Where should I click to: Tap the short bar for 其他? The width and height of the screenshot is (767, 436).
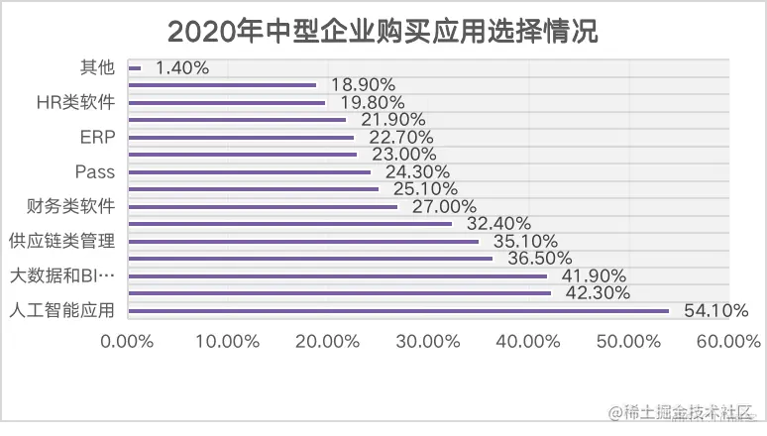[135, 68]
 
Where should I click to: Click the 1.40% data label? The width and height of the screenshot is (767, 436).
[182, 68]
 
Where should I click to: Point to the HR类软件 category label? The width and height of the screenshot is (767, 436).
[74, 102]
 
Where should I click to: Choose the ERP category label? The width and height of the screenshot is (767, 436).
[96, 137]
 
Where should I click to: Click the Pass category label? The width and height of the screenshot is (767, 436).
[95, 171]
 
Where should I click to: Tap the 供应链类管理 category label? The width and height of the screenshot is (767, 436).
[61, 241]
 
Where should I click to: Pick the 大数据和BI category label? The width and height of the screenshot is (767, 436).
[61, 275]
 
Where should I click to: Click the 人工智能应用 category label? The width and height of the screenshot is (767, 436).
[61, 310]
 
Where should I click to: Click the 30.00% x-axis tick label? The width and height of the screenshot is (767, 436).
[427, 342]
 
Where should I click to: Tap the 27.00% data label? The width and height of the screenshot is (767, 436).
[437, 206]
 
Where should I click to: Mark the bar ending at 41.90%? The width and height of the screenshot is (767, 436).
[337, 276]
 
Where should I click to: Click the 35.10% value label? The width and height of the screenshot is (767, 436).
[517, 241]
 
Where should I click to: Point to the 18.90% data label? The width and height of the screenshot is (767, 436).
[363, 84]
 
